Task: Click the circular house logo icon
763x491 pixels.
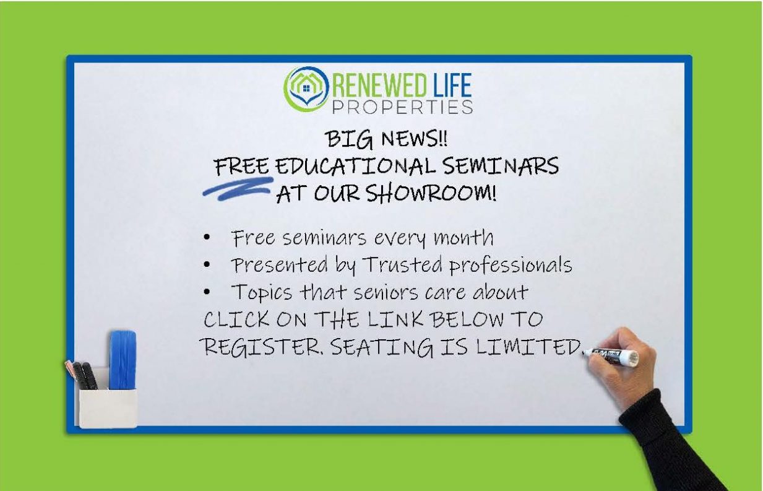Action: coord(306,89)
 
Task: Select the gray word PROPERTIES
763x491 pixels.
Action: coord(402,107)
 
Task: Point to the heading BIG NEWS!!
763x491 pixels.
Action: coord(386,139)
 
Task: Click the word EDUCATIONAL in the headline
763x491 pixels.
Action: coord(356,167)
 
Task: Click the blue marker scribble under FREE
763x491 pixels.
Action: coord(238,188)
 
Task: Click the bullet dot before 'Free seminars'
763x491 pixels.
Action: coord(207,238)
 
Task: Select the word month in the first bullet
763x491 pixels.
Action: coord(463,237)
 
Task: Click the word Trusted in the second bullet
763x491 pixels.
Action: coord(402,264)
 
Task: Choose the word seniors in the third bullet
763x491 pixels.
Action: coord(386,293)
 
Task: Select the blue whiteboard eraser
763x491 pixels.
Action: coord(123,360)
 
